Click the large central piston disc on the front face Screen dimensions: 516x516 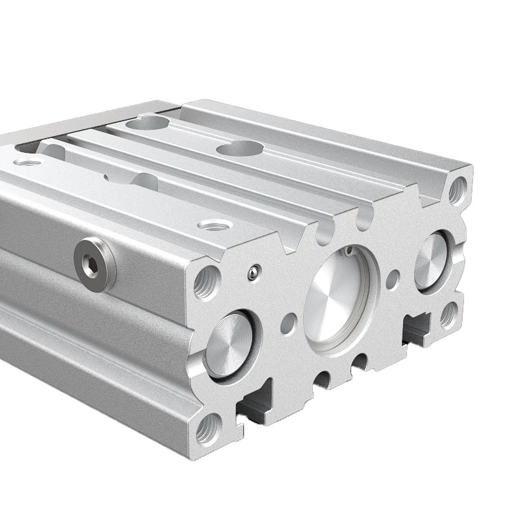coord(335,299)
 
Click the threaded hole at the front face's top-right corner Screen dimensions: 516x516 coord(459,188)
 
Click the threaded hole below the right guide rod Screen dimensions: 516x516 coord(449,315)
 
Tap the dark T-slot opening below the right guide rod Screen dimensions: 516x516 coord(416,328)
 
